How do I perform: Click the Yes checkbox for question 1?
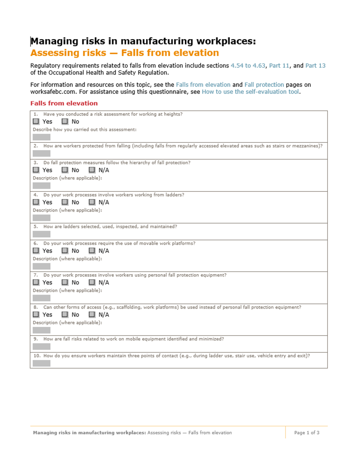(36, 122)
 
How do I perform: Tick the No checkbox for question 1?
(65, 122)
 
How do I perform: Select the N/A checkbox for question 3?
(92, 170)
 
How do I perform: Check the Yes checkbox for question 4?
(36, 202)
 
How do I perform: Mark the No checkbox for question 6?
(65, 251)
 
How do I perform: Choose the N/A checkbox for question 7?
(92, 282)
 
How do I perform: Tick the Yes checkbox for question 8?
(36, 315)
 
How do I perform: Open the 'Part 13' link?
(315, 66)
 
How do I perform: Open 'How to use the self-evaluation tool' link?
(250, 92)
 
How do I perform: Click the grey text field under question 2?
(41, 153)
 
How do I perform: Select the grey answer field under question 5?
(41, 234)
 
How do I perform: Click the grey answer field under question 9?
(41, 346)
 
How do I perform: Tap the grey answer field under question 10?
(41, 363)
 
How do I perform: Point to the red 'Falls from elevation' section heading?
(64, 104)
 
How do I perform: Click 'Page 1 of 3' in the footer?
(307, 433)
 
